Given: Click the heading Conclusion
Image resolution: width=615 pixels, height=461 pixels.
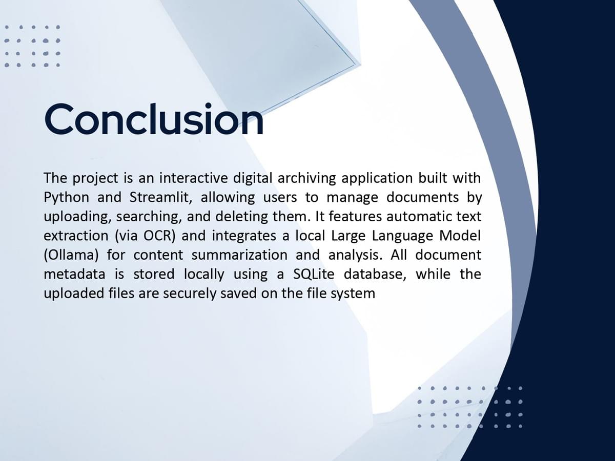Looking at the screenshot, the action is coord(154,119).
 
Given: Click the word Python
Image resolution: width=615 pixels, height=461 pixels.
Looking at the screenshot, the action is coord(67,198).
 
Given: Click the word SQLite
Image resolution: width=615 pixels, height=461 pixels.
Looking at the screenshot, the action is coord(314,275).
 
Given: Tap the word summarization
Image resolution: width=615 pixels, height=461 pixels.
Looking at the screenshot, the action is coord(239,255).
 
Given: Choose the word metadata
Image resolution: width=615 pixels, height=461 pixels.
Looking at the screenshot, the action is coord(74,274).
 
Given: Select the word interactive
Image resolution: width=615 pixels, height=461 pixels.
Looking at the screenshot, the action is coord(194,178).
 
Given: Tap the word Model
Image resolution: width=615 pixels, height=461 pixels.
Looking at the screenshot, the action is coord(460,236).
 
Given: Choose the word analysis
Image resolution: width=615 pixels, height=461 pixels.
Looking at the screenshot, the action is coord(355,255).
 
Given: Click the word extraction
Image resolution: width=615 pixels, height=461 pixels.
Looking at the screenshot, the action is coord(76,236).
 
